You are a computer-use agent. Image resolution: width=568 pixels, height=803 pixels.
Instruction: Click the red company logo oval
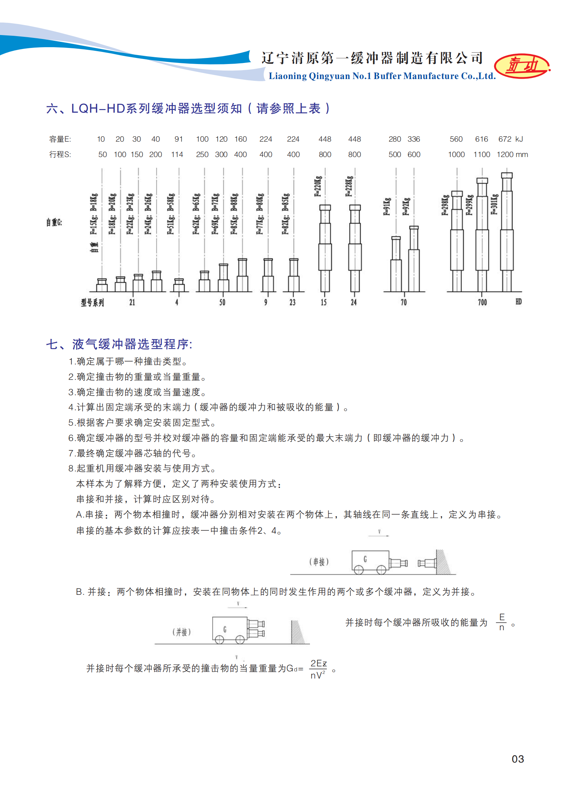(x=522, y=66)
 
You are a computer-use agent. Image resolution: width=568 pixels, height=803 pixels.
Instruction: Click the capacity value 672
(x=505, y=139)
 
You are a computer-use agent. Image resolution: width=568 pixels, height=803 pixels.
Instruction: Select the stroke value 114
(x=177, y=155)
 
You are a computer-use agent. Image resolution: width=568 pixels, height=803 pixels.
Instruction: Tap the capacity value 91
(x=179, y=139)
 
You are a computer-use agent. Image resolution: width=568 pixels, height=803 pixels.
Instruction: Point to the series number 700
(x=482, y=303)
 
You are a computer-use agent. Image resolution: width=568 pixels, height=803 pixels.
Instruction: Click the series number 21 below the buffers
(x=132, y=303)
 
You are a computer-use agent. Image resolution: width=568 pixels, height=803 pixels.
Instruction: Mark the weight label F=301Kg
(x=494, y=204)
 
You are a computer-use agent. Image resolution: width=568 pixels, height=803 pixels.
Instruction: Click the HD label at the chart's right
(x=518, y=302)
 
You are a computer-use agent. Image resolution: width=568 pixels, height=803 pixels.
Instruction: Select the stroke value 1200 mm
(x=512, y=155)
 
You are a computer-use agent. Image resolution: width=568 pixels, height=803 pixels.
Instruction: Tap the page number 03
(x=518, y=759)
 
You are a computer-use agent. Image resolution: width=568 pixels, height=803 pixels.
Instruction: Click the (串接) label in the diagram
(x=319, y=562)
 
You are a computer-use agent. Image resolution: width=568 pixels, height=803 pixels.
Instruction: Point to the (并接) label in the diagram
(x=181, y=632)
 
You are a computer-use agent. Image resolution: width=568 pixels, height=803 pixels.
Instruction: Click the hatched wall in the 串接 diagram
(x=443, y=562)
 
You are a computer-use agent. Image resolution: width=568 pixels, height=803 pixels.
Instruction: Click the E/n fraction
(x=502, y=622)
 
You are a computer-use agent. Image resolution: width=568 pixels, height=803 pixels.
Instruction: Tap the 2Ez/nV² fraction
(x=318, y=669)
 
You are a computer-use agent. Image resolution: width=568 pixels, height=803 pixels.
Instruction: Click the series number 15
(x=324, y=303)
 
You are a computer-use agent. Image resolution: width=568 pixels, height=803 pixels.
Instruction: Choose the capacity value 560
(x=456, y=139)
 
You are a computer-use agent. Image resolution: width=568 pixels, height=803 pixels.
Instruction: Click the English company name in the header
(x=382, y=76)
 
